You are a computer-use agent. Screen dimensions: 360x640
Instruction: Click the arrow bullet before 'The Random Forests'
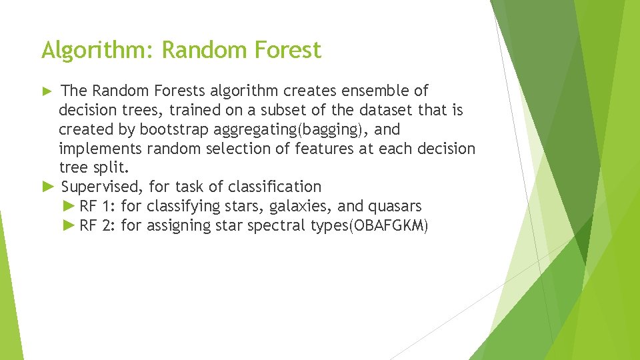(x=47, y=91)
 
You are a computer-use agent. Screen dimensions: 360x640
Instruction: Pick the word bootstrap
(x=174, y=129)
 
